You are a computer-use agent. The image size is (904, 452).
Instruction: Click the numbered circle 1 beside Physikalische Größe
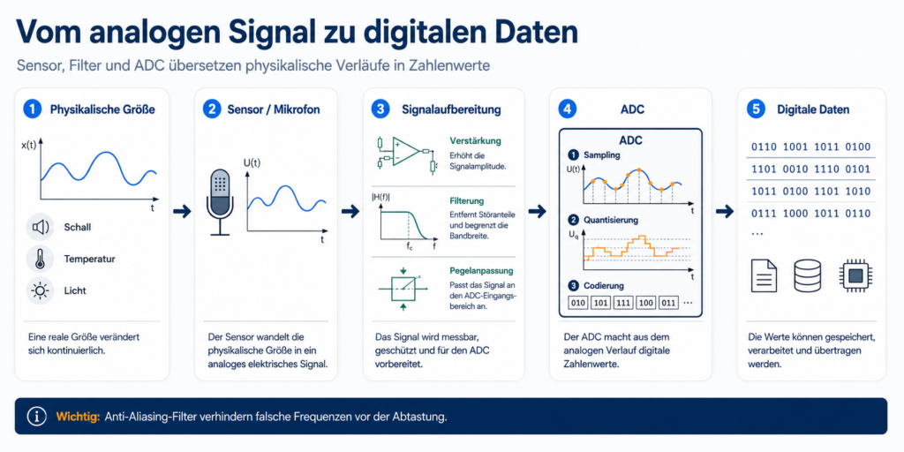click(33, 109)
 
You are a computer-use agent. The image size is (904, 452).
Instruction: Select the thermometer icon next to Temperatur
click(40, 259)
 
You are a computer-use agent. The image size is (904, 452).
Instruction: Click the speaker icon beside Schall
click(41, 227)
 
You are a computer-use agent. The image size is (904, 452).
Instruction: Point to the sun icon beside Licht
click(41, 291)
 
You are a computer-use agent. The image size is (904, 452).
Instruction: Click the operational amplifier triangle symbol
click(406, 152)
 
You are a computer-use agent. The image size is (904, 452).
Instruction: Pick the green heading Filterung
click(466, 202)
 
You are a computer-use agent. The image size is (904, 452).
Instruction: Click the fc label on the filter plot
click(410, 247)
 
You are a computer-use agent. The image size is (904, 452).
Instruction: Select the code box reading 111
click(622, 303)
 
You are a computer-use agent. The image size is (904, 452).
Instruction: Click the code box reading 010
click(577, 303)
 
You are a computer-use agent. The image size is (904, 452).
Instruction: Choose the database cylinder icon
click(807, 275)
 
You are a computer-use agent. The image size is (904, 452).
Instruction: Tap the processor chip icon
click(855, 275)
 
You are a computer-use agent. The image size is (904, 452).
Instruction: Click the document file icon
click(764, 275)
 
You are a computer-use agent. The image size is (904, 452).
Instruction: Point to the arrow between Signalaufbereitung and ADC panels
click(537, 212)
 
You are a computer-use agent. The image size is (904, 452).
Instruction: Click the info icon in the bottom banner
click(37, 416)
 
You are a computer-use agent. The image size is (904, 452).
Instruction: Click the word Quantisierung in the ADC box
click(612, 220)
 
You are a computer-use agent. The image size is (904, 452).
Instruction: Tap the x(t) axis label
click(29, 146)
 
